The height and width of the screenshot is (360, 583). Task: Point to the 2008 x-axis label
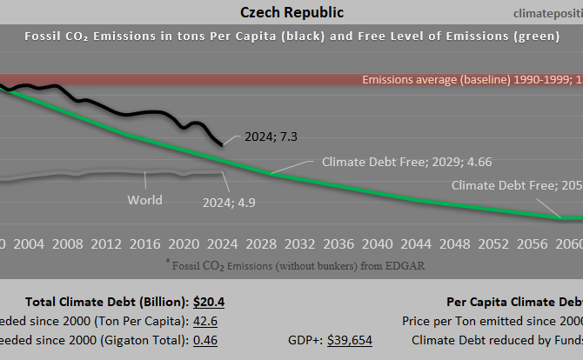(x=68, y=243)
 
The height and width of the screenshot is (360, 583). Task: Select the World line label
(x=144, y=200)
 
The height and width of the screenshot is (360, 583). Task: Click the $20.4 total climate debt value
(x=209, y=302)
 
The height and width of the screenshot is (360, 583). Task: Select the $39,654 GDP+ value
(x=350, y=339)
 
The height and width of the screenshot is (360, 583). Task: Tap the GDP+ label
(x=305, y=339)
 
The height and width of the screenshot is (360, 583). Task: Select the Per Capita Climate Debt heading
(x=513, y=302)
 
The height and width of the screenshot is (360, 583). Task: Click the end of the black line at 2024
(x=221, y=143)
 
